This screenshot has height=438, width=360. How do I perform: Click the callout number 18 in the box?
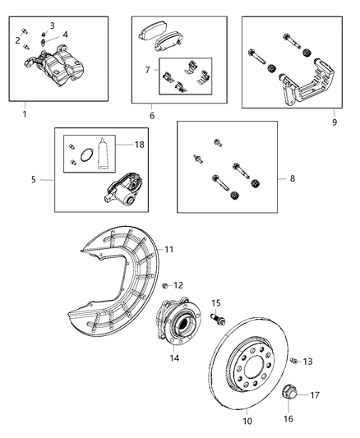tap(140, 143)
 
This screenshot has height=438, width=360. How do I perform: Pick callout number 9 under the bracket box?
tap(335, 122)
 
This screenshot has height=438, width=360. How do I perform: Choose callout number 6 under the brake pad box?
tap(152, 116)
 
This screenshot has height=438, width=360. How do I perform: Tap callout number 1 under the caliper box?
tap(24, 113)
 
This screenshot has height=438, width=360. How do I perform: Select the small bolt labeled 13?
tap(292, 360)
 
